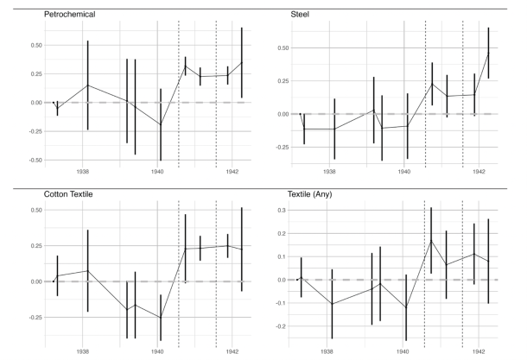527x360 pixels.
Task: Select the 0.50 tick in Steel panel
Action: click(278, 47)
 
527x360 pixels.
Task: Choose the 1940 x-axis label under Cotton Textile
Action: click(157, 351)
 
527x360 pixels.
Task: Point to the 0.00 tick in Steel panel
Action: click(278, 114)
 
